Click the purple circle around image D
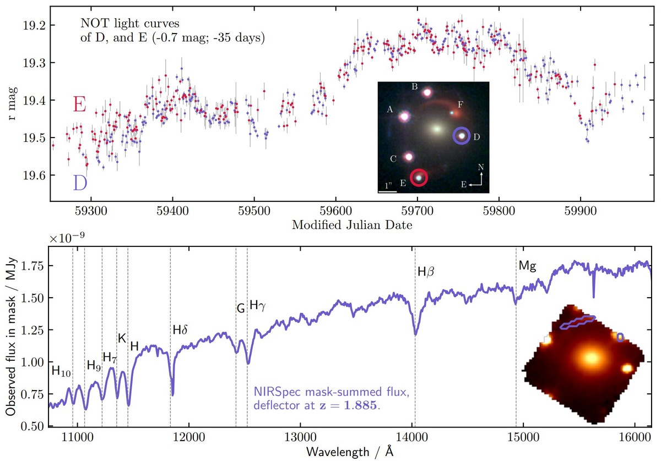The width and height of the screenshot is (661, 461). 462,136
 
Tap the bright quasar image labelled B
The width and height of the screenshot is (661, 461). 427,92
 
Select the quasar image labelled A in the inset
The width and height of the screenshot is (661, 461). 404,116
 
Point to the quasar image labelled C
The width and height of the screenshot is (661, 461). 409,157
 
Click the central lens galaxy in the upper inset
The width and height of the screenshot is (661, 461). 436,129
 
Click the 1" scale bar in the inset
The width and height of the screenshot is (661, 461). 388,191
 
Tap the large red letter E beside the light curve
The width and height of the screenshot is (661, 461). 79,105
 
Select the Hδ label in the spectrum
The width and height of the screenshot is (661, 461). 180,330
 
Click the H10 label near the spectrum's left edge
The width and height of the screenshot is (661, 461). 61,371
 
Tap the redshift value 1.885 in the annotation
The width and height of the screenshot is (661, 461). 362,405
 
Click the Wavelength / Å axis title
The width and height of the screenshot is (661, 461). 351,452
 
